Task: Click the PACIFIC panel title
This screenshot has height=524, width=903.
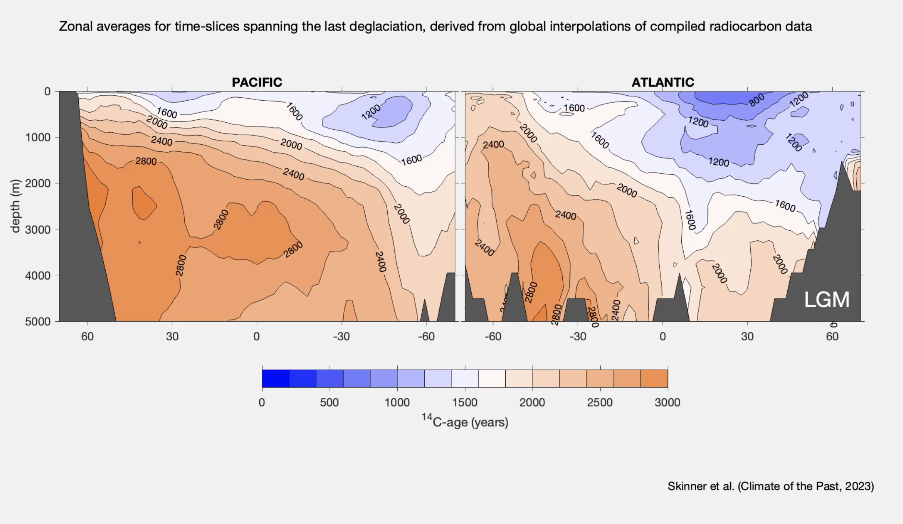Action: click(257, 82)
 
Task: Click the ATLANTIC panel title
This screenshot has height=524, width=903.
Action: click(663, 82)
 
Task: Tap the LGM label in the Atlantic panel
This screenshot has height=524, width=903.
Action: click(827, 299)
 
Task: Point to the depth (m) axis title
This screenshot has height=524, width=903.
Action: click(15, 206)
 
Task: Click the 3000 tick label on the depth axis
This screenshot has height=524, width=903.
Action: click(38, 230)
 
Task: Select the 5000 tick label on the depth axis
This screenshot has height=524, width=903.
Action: click(38, 322)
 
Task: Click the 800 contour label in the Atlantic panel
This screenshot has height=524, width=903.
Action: click(756, 100)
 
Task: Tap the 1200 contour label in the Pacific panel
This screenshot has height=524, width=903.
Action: click(371, 112)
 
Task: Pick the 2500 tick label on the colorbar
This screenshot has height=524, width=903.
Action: click(600, 403)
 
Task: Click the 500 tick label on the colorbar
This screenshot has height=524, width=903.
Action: click(329, 403)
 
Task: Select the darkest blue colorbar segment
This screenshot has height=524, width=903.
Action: click(276, 379)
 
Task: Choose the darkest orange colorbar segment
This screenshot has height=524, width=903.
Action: click(654, 379)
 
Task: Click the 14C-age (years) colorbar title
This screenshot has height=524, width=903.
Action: click(465, 422)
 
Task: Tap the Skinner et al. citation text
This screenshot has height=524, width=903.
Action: click(771, 486)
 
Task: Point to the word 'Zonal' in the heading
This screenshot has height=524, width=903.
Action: click(76, 26)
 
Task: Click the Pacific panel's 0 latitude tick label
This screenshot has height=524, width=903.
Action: click(257, 337)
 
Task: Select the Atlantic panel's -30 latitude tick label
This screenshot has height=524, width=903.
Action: click(578, 337)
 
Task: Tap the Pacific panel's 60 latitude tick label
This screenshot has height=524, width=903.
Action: click(87, 337)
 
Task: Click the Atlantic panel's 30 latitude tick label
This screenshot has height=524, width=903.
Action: click(747, 337)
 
